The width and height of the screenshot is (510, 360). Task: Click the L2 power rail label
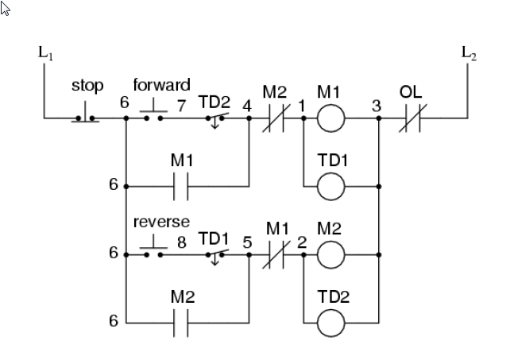coord(469,53)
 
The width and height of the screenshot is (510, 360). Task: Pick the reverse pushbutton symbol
coord(152,253)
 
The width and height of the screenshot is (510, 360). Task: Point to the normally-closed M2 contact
coord(275,118)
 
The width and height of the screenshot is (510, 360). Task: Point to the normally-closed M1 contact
coord(275,255)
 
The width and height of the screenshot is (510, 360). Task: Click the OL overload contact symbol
coord(410,118)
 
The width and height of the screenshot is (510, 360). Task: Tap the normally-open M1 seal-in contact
coord(181,187)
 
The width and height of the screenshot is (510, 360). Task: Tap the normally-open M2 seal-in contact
coord(181,323)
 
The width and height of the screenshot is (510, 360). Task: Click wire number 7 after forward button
coord(182,104)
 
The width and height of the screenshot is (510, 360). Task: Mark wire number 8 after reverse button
coord(182,241)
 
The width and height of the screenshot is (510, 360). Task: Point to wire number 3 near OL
coord(375,104)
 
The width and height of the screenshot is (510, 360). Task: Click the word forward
coord(161,84)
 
